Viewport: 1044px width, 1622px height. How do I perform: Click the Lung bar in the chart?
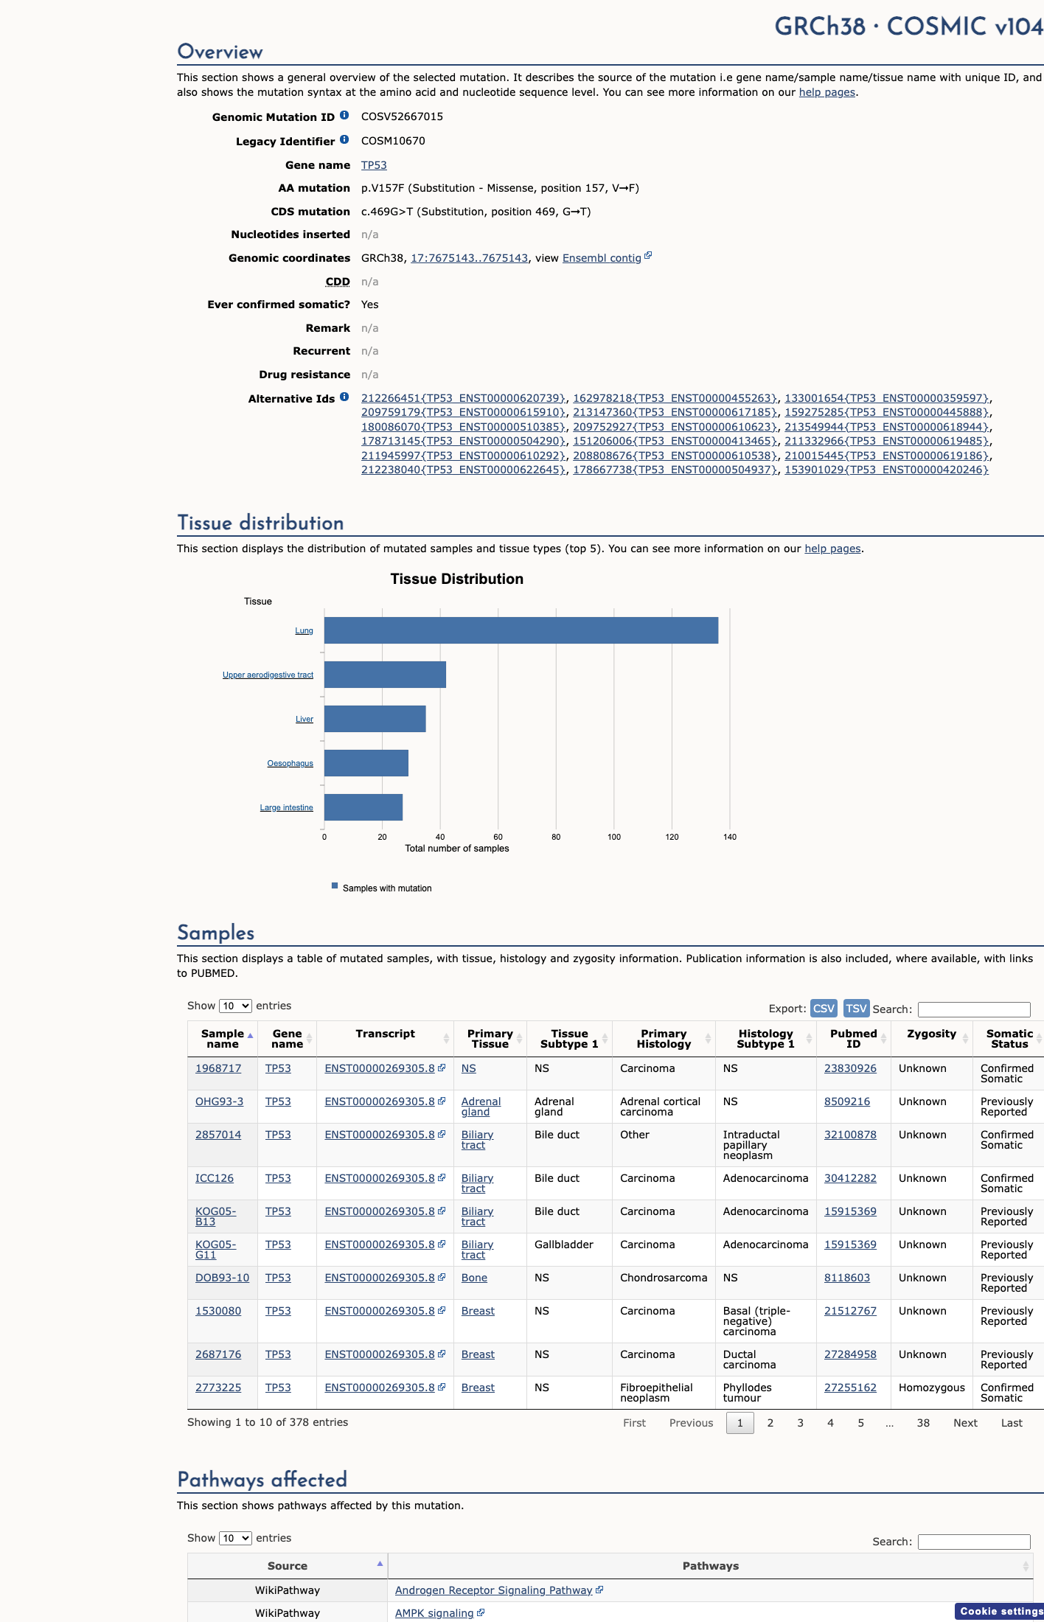521,630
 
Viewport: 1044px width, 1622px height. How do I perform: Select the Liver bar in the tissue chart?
375,719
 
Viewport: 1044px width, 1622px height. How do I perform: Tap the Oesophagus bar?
366,763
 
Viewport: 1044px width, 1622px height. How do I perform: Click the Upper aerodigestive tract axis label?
268,675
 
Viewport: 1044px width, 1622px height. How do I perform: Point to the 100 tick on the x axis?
614,837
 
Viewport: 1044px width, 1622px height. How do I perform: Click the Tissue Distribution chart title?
457,579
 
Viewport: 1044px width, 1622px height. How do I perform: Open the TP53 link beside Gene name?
374,165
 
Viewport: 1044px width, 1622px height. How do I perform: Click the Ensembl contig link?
602,258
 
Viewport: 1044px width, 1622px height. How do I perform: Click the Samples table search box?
974,1009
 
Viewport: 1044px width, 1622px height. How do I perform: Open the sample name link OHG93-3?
219,1101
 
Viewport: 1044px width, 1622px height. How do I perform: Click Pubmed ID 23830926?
850,1068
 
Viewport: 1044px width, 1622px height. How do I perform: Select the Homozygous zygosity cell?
931,1388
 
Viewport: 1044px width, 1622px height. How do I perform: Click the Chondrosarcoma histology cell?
664,1278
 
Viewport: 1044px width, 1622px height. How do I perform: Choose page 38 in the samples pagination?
923,1423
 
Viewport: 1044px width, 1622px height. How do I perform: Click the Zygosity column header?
931,1034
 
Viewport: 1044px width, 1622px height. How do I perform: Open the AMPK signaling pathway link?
434,1613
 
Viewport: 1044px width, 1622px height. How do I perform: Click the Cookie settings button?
1000,1611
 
